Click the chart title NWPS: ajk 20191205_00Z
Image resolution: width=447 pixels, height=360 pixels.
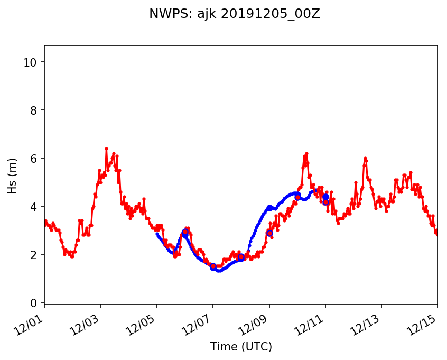point(234,14)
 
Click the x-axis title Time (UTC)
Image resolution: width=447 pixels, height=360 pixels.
point(240,347)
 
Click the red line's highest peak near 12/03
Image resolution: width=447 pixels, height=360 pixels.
point(106,149)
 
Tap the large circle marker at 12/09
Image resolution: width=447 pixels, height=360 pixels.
point(269,233)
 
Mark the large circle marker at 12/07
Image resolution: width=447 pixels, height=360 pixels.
point(213,267)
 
